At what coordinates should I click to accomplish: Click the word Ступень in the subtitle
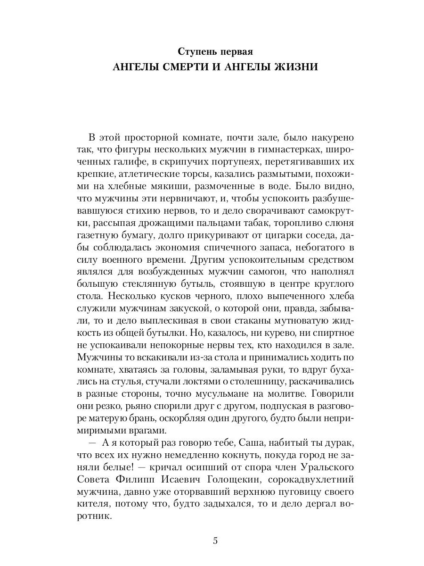click(196, 50)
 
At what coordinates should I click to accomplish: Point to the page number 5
click(215, 541)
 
